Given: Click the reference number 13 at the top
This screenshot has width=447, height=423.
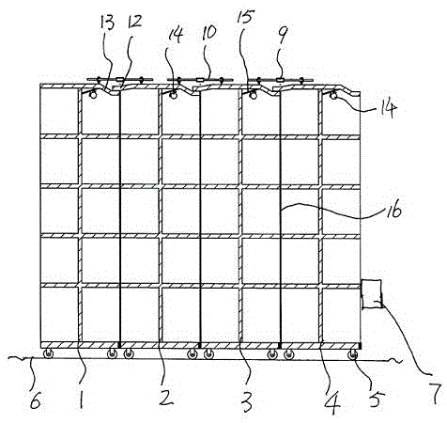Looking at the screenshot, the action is (107, 23).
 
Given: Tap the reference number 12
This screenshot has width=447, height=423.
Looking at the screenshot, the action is (135, 22).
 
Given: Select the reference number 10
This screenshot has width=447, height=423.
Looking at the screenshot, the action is (209, 33).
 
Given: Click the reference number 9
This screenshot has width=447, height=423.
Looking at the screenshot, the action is (283, 35).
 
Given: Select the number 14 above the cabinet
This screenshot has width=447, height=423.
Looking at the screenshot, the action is (176, 36).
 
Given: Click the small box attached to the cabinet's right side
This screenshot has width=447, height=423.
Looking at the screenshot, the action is (372, 294).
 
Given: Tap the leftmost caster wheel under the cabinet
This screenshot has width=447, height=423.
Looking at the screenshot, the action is (49, 353).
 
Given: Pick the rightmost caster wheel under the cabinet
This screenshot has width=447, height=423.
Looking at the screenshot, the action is (352, 354).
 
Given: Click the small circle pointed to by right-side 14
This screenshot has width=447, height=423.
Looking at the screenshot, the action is (333, 96).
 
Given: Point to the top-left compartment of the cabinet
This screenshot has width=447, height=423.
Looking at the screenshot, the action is (59, 112).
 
